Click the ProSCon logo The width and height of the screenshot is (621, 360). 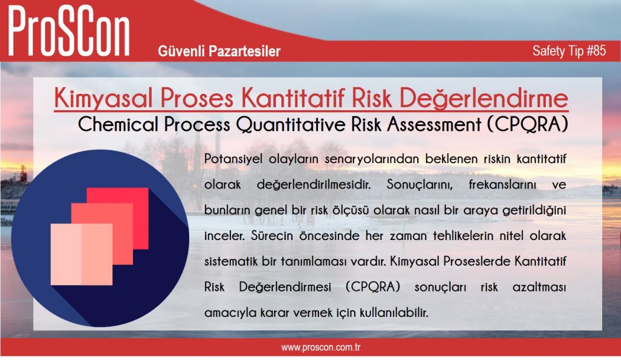point(69,31)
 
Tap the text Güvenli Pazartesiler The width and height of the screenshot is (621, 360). point(219,51)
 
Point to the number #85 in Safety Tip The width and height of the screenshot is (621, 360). point(596,51)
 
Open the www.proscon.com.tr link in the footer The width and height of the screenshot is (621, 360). point(321,348)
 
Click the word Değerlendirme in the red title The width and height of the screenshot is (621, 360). point(483,98)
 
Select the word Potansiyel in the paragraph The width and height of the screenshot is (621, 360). point(232,159)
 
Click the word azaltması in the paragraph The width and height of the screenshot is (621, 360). point(539,287)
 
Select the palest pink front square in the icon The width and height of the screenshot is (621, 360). point(82,255)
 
